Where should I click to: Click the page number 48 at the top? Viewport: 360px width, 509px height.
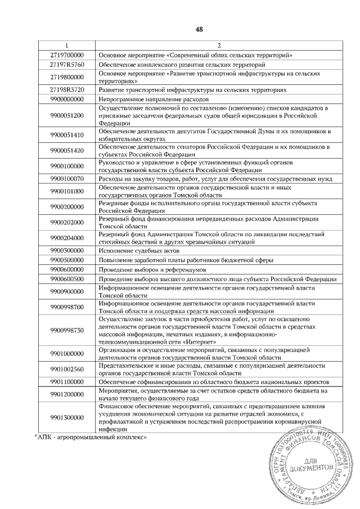point(199,29)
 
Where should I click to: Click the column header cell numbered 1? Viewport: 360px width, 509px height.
point(66,45)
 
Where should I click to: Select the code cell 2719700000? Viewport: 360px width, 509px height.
point(66,55)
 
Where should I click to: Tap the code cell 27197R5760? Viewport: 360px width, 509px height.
point(66,65)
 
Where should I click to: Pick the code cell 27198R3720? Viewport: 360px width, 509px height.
point(66,89)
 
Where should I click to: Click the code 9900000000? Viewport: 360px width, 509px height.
point(66,99)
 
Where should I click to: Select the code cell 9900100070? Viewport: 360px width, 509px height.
point(66,178)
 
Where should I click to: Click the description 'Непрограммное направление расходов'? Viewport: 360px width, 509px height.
point(147,99)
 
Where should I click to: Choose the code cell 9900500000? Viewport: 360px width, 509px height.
point(66,260)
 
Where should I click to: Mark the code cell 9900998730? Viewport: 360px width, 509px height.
point(66,330)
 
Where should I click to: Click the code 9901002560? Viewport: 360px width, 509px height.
point(66,369)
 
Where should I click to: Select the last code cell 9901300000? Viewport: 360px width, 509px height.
point(66,418)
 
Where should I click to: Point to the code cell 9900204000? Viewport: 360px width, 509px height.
point(66,238)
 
